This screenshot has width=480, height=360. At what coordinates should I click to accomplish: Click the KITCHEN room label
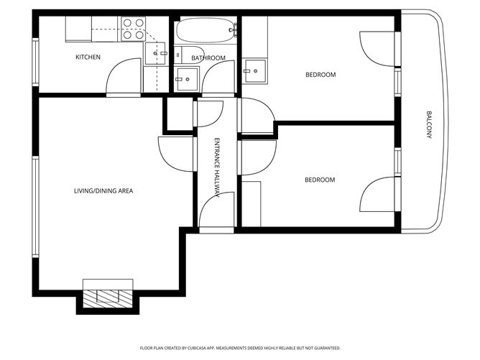(88, 57)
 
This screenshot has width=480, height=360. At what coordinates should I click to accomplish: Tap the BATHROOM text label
(208, 58)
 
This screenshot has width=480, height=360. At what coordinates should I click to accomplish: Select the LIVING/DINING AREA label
(103, 190)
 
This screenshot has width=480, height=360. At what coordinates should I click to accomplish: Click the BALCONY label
(429, 124)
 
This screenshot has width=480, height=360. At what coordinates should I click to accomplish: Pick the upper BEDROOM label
(320, 75)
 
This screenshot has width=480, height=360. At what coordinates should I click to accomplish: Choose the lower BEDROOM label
(320, 180)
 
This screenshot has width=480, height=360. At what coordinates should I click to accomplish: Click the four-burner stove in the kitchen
(133, 29)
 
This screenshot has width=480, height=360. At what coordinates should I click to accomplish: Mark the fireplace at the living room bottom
(107, 296)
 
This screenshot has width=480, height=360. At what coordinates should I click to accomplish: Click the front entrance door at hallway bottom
(216, 212)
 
